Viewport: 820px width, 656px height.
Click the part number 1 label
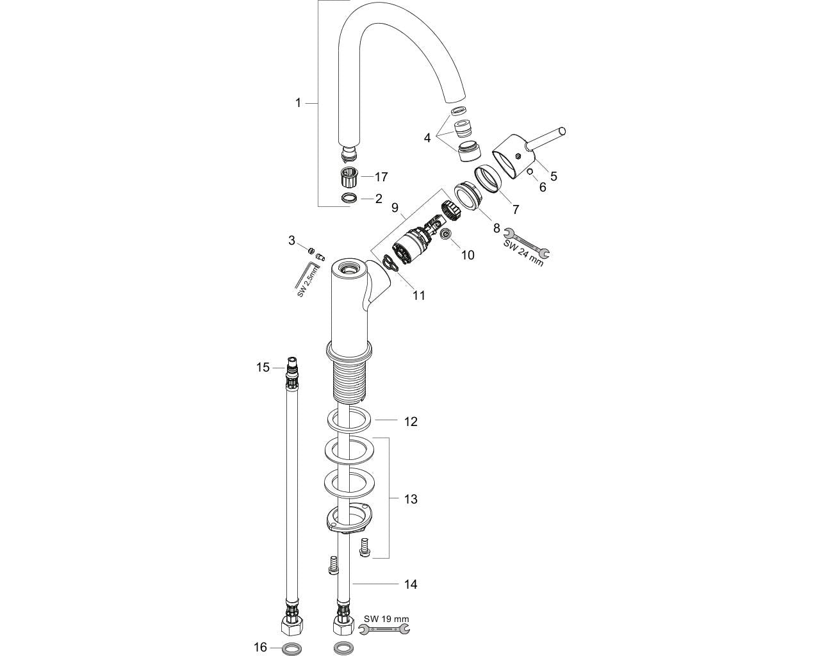pyautogui.click(x=298, y=102)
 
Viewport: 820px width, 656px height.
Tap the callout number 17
pyautogui.click(x=382, y=176)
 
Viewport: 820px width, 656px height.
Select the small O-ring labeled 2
pyautogui.click(x=350, y=199)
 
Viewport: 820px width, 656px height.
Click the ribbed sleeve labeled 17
pyautogui.click(x=350, y=175)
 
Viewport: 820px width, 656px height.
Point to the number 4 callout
pyautogui.click(x=427, y=137)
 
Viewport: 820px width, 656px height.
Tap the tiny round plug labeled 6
pyautogui.click(x=530, y=171)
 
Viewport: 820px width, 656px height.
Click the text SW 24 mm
pyautogui.click(x=523, y=252)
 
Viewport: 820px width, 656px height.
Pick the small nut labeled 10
pyautogui.click(x=447, y=238)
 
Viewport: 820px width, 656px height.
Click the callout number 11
pyautogui.click(x=419, y=295)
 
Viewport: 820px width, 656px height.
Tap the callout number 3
pyautogui.click(x=291, y=241)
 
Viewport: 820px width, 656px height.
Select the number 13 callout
pyautogui.click(x=411, y=498)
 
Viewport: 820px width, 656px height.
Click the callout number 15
pyautogui.click(x=263, y=367)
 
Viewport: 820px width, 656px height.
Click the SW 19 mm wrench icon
pyautogui.click(x=384, y=631)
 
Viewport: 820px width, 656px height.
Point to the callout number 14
pyautogui.click(x=411, y=584)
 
